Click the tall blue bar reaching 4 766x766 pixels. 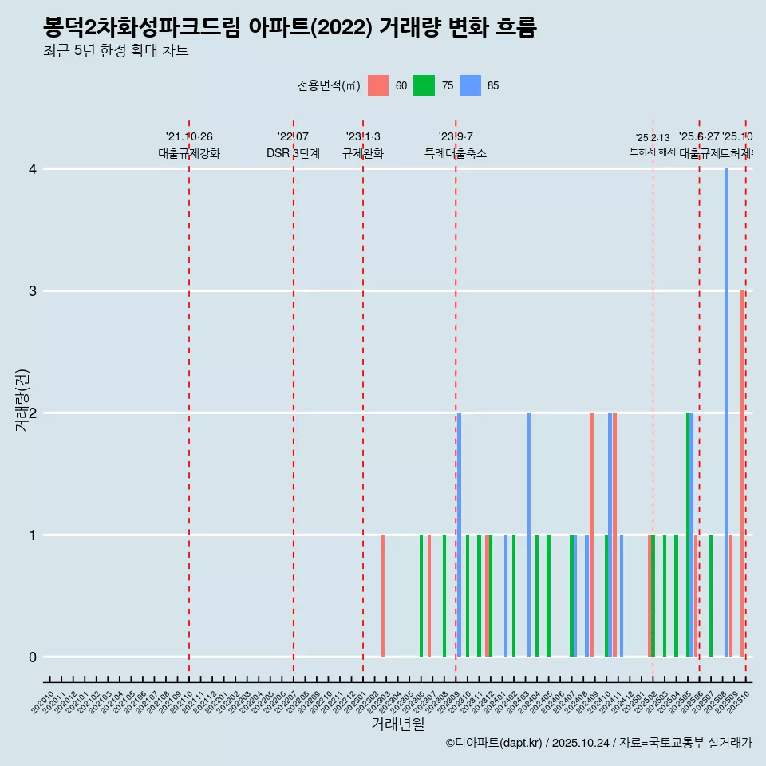(726, 413)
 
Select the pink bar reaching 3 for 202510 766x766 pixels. (742, 474)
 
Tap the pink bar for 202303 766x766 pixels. (383, 596)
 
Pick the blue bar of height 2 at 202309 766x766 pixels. (460, 535)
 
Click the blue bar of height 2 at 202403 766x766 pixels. (529, 535)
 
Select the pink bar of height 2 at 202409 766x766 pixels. (591, 535)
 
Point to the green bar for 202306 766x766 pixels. (421, 596)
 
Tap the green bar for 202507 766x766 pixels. (711, 596)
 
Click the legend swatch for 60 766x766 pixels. (378, 85)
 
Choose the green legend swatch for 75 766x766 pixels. (424, 85)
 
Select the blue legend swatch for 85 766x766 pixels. (471, 85)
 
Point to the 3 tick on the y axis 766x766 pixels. (33, 291)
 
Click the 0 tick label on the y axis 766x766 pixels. (33, 657)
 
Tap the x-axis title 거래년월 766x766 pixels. (397, 725)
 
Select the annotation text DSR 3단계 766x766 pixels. (293, 154)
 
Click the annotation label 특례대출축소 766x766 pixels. (455, 154)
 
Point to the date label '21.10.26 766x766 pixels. (189, 137)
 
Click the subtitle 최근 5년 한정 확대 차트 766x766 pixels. (116, 51)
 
